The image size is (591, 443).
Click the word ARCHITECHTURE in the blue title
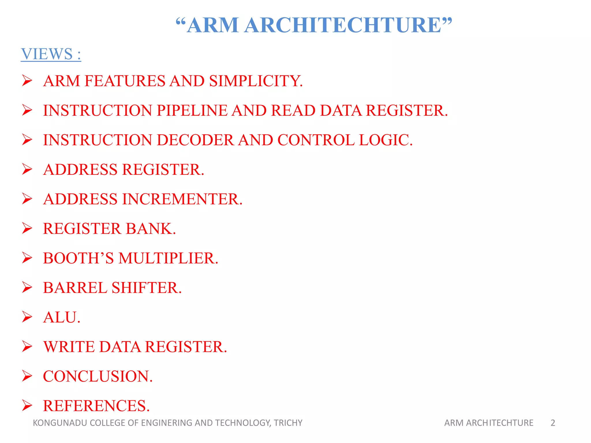(x=343, y=25)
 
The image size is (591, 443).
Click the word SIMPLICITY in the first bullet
(x=256, y=81)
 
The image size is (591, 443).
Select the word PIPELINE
(x=192, y=110)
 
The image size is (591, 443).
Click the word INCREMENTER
(x=182, y=199)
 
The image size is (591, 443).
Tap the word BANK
(x=151, y=229)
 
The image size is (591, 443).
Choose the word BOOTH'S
(x=78, y=258)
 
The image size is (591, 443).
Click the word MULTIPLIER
(x=168, y=258)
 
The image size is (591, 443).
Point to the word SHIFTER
(x=147, y=288)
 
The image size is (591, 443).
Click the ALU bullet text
(x=61, y=318)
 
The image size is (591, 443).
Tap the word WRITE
(x=69, y=347)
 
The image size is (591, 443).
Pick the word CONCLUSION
(x=98, y=376)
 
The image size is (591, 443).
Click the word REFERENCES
(x=96, y=406)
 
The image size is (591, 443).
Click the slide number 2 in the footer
(x=553, y=423)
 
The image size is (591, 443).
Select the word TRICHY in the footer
(x=288, y=423)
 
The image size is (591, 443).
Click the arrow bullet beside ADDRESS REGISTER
(x=27, y=169)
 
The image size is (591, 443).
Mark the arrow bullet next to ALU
(x=27, y=317)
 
